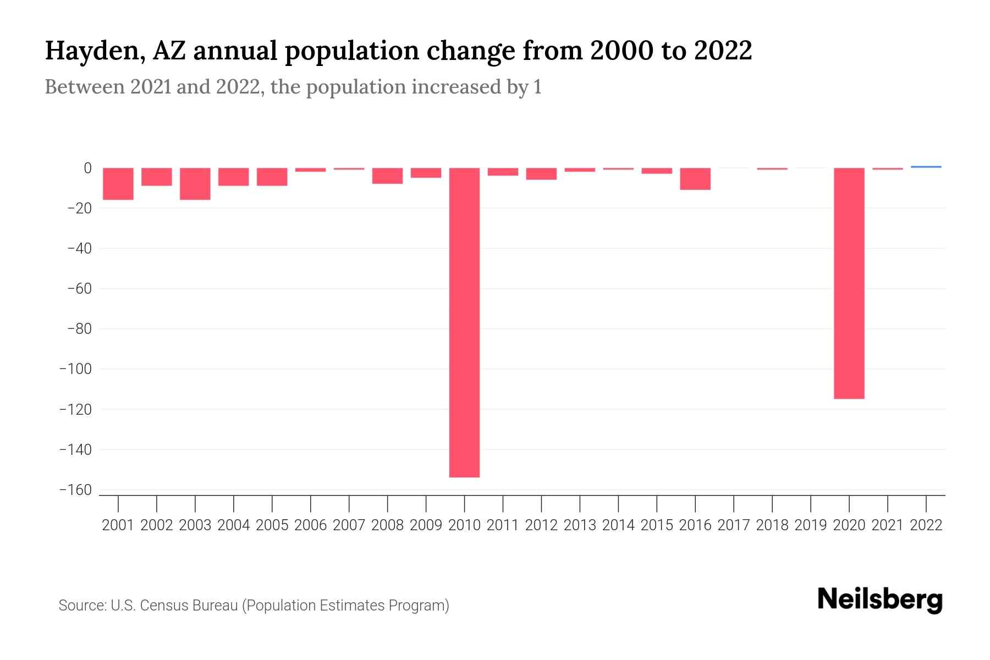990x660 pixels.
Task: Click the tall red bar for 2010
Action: pyautogui.click(x=464, y=322)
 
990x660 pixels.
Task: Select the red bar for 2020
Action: pyautogui.click(x=849, y=283)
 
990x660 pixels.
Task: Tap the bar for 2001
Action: pyautogui.click(x=118, y=184)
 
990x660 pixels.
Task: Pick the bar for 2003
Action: pyautogui.click(x=195, y=184)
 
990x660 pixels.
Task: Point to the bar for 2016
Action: pyautogui.click(x=695, y=179)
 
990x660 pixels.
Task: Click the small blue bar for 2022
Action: pyautogui.click(x=926, y=167)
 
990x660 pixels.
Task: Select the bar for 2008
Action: pyautogui.click(x=387, y=176)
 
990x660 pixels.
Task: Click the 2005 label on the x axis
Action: pyautogui.click(x=272, y=525)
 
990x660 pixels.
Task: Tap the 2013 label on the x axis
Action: pyautogui.click(x=580, y=525)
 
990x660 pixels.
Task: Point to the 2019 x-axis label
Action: pyautogui.click(x=810, y=525)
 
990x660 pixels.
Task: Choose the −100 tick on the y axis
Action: pyautogui.click(x=75, y=369)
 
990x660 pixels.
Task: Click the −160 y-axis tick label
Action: pyautogui.click(x=75, y=490)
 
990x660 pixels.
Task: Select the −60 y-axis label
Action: pyautogui.click(x=79, y=289)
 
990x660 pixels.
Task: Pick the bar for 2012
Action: pyautogui.click(x=541, y=174)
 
